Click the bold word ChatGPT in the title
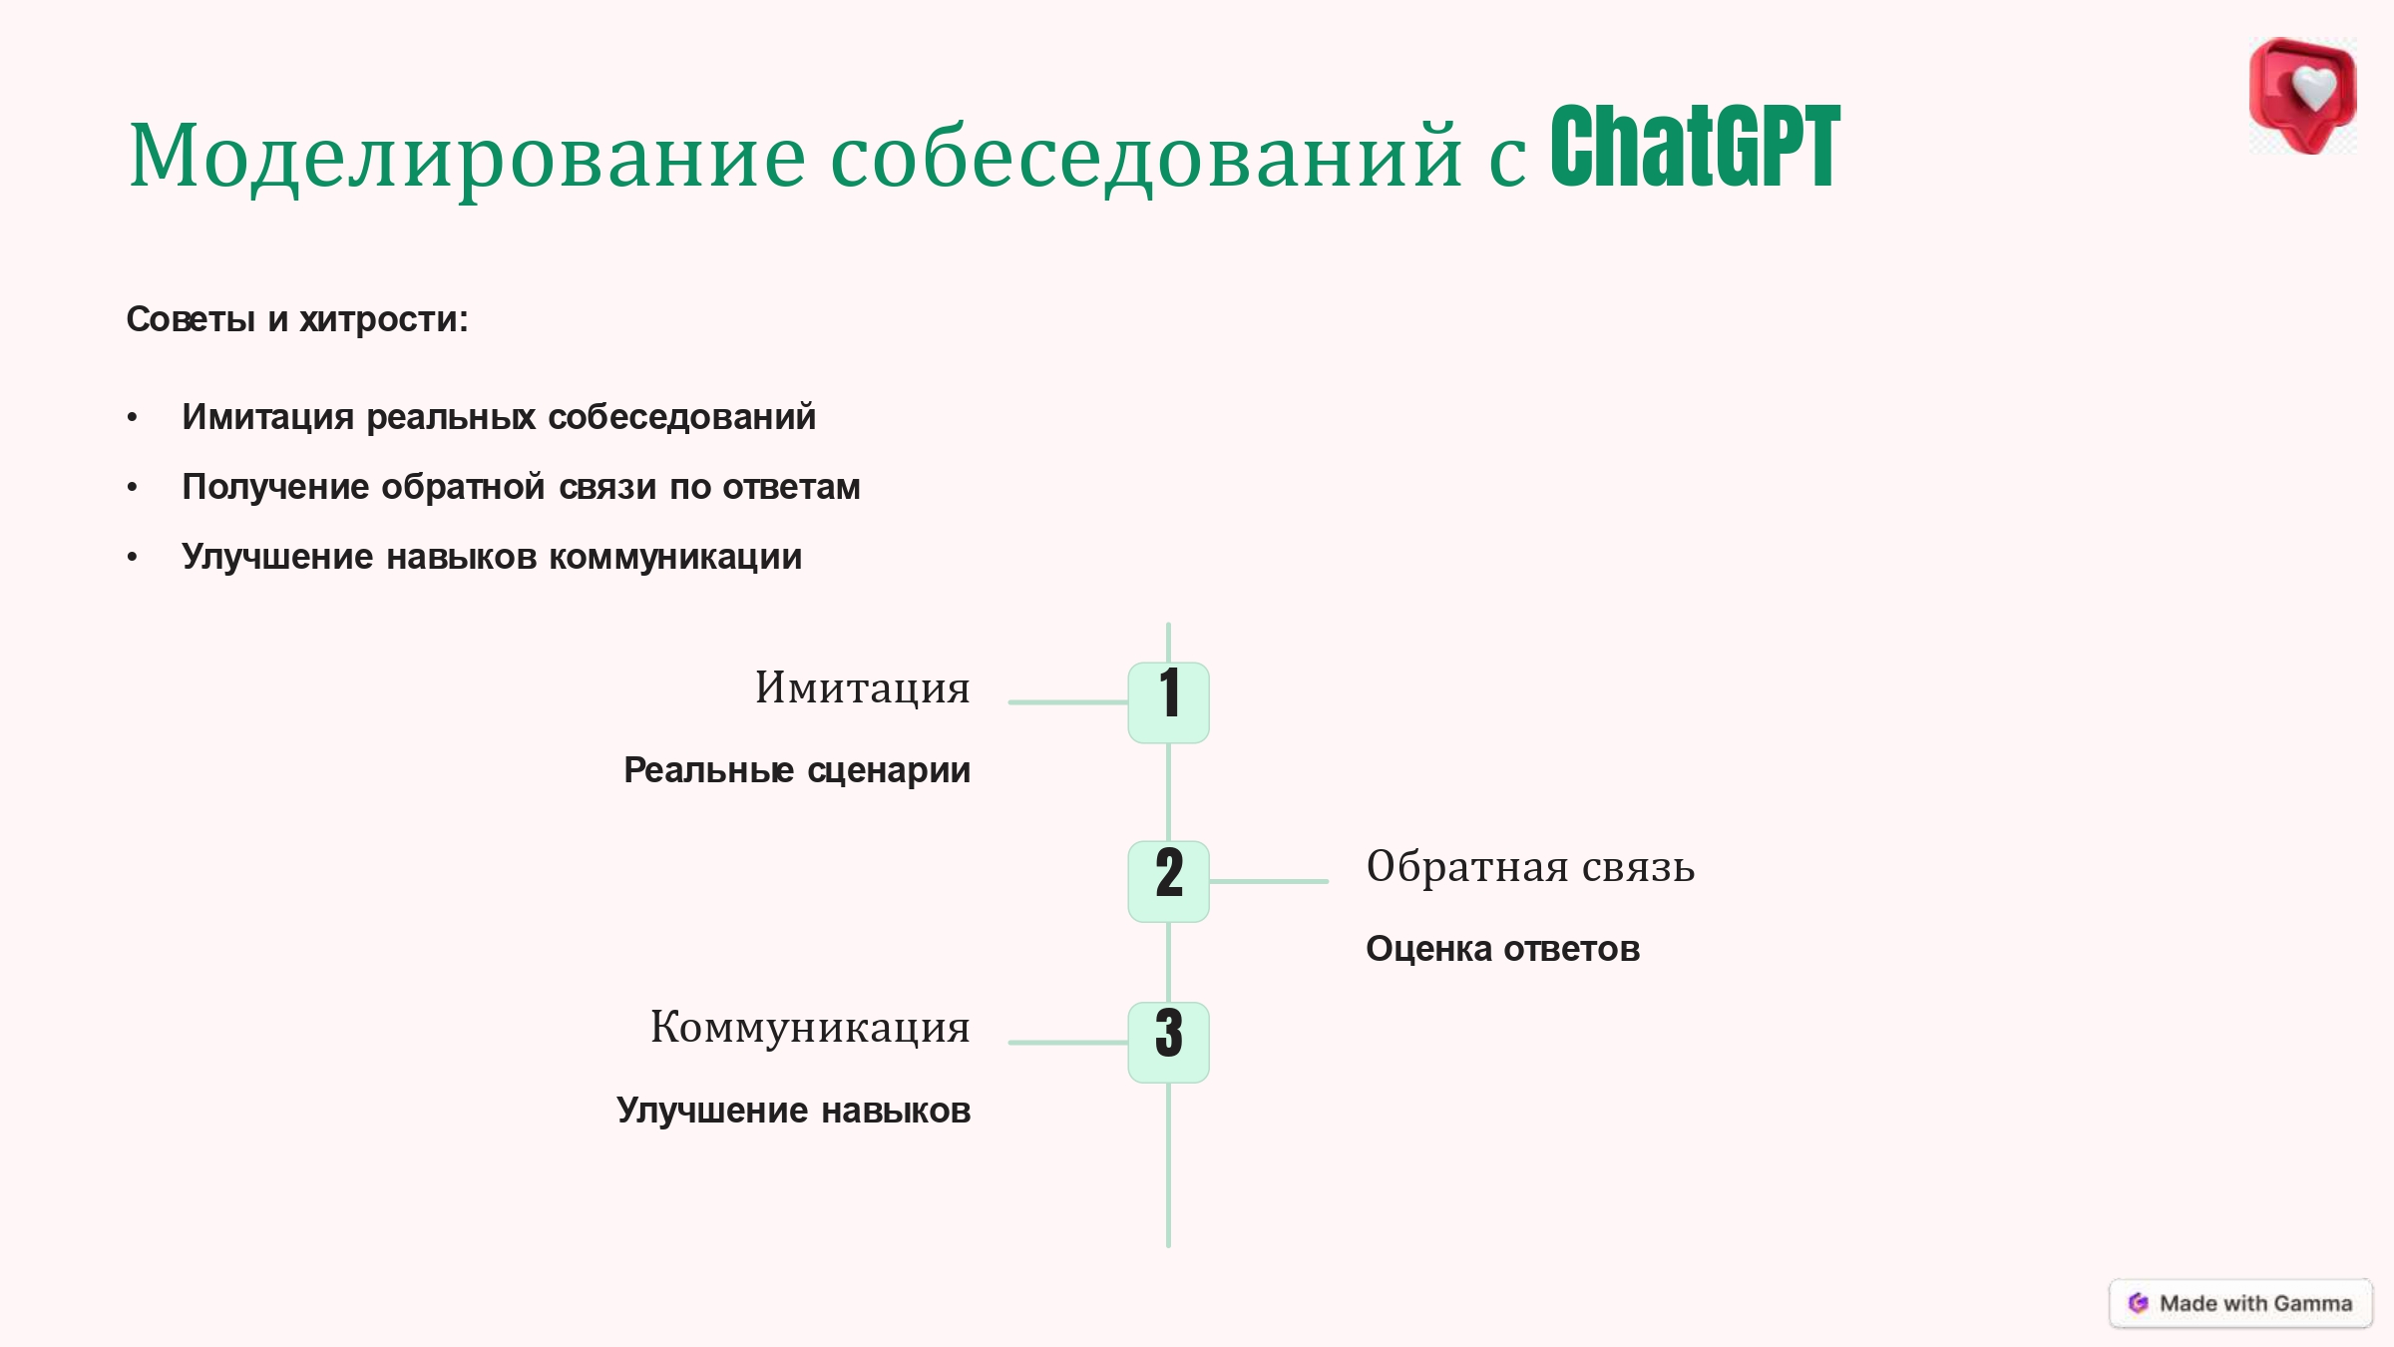(1695, 147)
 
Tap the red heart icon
(2303, 96)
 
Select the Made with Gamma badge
(2240, 1303)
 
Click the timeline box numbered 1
(1168, 702)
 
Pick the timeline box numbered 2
(1168, 881)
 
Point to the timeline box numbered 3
(1168, 1042)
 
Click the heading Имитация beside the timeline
(862, 688)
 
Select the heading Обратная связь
(1530, 866)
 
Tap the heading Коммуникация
(810, 1028)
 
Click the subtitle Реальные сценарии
(797, 770)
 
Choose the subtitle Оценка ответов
(1502, 949)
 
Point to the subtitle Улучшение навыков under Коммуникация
(793, 1111)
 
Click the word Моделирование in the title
(467, 156)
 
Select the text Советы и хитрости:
(297, 319)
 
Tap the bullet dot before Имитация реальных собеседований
(133, 418)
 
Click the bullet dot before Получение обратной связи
(133, 488)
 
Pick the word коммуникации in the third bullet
(675, 558)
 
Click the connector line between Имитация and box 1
(1068, 702)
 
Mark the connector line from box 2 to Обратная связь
(1269, 881)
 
